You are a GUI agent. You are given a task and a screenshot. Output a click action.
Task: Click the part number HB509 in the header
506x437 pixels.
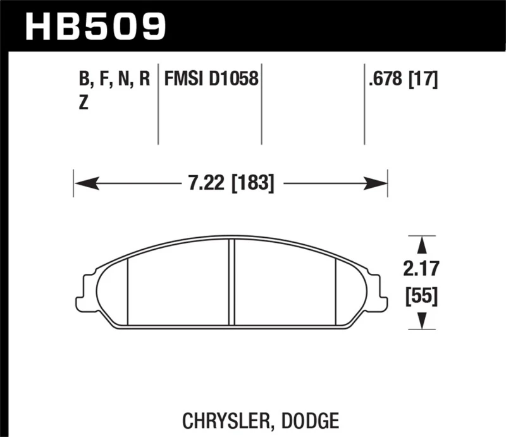click(x=95, y=26)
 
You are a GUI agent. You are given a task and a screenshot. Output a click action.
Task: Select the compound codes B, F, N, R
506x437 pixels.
click(x=114, y=79)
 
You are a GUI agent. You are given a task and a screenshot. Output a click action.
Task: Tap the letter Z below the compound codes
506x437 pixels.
click(x=83, y=105)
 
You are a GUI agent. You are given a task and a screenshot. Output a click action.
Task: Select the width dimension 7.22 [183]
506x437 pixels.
click(x=231, y=184)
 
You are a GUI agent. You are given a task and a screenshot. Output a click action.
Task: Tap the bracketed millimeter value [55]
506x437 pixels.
click(x=421, y=296)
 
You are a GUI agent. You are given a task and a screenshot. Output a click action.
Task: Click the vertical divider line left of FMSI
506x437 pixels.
click(x=158, y=104)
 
